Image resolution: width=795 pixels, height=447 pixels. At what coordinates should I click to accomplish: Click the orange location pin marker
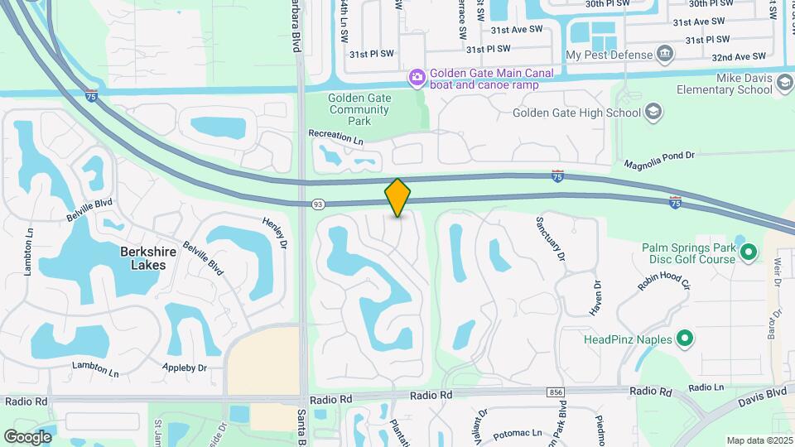point(397,197)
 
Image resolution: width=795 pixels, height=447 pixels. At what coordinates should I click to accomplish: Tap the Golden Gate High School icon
point(653,113)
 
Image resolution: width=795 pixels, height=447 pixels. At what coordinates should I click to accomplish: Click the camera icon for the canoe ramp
point(417,78)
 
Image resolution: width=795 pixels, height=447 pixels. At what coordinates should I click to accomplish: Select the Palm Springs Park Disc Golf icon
point(748,250)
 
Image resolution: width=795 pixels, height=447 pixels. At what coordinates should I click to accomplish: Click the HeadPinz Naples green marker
point(685,339)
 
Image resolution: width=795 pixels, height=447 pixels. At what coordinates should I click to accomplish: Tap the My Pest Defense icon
point(664,55)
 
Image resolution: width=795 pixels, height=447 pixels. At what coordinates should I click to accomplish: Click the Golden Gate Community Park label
point(359,108)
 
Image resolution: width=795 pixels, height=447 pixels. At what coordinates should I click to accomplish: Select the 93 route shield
point(318,204)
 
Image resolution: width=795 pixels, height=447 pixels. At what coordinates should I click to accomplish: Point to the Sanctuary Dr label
point(551,239)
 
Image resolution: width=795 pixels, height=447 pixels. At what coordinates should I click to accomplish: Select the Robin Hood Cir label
point(663,281)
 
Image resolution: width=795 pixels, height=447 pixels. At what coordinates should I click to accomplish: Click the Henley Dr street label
point(274,233)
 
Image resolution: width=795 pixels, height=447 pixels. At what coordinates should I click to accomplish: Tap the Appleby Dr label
point(184,367)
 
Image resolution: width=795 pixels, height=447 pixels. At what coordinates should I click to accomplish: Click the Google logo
point(28,436)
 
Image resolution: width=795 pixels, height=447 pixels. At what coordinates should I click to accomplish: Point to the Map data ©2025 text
point(759,440)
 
